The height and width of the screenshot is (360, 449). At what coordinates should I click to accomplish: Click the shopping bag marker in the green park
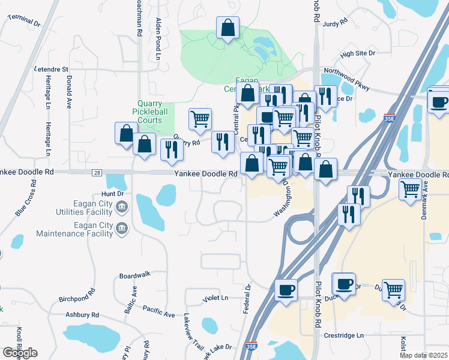click(x=228, y=28)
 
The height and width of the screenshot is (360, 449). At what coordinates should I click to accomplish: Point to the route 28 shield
click(x=97, y=173)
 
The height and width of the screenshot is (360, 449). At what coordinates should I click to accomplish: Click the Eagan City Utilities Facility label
click(x=74, y=208)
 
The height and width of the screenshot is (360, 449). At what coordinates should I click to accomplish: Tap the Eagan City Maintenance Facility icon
click(x=122, y=229)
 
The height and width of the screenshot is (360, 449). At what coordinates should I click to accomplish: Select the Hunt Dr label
click(x=112, y=194)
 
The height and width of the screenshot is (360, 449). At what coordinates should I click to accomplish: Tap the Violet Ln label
click(x=216, y=298)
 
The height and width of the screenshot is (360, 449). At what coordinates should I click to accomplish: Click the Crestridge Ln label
click(x=344, y=335)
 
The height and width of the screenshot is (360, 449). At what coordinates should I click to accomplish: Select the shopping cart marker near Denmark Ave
click(x=411, y=190)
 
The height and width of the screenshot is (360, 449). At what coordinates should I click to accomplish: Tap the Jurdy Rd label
click(x=335, y=22)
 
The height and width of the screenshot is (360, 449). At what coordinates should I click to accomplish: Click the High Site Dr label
click(x=357, y=54)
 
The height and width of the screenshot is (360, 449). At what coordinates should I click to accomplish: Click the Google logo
click(x=20, y=353)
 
